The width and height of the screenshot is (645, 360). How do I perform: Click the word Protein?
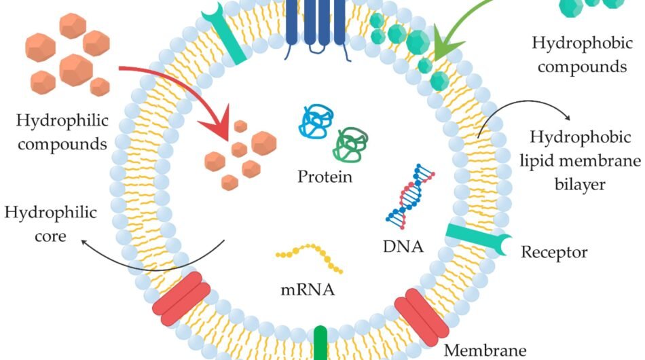point(325,178)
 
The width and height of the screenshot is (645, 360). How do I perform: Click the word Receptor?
point(553,253)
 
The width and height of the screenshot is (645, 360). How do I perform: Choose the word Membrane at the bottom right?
point(485,350)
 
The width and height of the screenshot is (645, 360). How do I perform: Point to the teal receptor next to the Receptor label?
point(479,240)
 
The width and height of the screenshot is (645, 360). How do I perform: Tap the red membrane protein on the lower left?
point(181,297)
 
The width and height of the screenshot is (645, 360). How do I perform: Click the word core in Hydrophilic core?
point(51,236)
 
